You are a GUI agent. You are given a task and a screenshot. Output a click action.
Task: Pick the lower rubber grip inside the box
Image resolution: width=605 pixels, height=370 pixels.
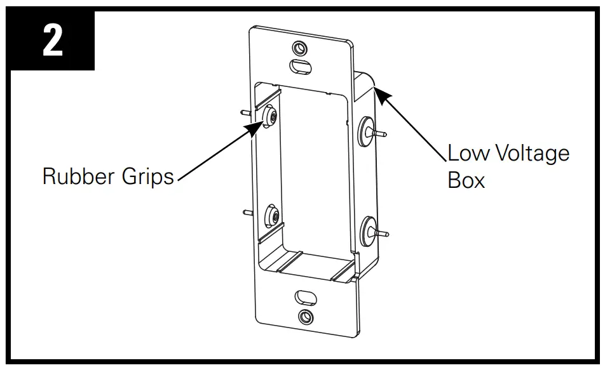272,216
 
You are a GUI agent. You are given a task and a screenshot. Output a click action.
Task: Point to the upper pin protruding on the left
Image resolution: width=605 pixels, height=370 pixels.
247,111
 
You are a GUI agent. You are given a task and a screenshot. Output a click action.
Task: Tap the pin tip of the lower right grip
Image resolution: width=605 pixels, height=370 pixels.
386,235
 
